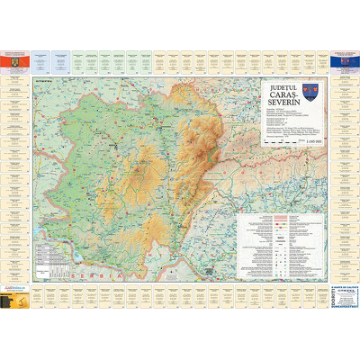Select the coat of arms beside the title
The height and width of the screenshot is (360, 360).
pyautogui.click(x=310, y=92)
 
